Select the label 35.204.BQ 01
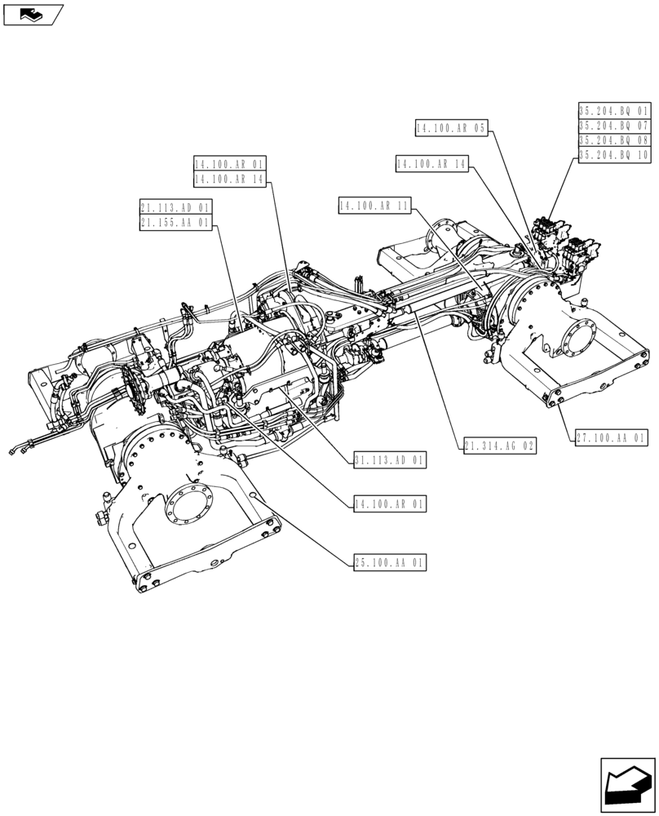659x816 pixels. pos(614,111)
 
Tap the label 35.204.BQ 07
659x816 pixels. pos(614,126)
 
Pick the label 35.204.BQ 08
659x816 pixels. pos(614,140)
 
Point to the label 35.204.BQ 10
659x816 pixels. pos(614,155)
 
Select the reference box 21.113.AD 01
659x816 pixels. pos(175,207)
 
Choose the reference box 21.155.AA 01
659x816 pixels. pos(175,222)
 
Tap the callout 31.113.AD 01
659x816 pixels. pos(390,461)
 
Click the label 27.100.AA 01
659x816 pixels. pos(610,438)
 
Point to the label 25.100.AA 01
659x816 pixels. pos(390,562)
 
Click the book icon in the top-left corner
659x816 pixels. pos(33,14)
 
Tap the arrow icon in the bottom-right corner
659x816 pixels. pos(627,786)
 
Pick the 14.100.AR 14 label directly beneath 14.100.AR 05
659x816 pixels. pos(431,165)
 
